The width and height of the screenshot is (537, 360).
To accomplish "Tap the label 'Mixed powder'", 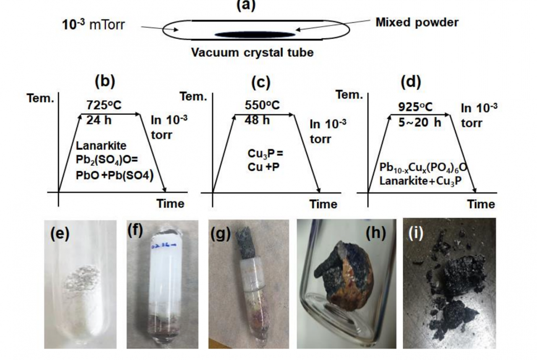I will pos(417,22).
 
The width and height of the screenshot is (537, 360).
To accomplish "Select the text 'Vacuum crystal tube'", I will pos(253,53).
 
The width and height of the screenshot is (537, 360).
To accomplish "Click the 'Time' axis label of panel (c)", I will pos(323,204).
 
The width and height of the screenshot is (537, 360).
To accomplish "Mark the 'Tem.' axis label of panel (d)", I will pos(349,95).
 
